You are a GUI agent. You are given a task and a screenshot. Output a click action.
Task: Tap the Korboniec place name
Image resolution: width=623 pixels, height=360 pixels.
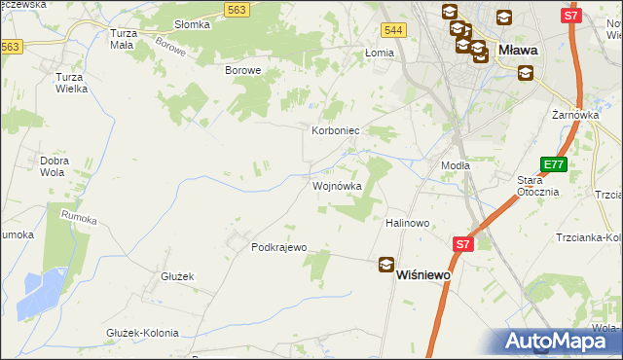(x=336, y=129)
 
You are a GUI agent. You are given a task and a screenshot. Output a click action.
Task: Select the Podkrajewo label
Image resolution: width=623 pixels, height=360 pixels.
(x=278, y=247)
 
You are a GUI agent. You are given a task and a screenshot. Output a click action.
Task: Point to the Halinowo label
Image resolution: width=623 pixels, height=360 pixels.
(x=408, y=223)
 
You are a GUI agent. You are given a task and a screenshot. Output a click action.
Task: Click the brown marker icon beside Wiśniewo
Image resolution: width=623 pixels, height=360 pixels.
(x=386, y=265)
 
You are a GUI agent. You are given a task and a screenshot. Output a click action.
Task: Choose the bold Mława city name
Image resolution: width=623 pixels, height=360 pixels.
(x=519, y=48)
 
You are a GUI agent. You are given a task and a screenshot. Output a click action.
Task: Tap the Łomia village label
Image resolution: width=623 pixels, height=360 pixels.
(x=378, y=54)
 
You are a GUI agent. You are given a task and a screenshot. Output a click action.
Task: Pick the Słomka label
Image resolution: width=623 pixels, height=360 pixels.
(x=192, y=24)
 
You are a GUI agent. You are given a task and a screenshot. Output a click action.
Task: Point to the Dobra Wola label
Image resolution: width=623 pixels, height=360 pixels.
(x=57, y=166)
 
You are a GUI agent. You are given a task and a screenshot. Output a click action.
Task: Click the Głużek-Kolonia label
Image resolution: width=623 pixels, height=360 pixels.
(x=142, y=333)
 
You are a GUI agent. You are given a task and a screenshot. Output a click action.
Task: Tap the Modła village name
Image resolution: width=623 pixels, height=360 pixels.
(x=456, y=165)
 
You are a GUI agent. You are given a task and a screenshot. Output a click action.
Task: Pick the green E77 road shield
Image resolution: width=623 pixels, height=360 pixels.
(x=553, y=165)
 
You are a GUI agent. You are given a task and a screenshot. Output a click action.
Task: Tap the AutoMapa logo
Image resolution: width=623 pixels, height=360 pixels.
(x=559, y=341)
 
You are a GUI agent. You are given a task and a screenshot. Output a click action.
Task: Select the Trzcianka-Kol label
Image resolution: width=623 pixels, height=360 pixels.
(x=588, y=237)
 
